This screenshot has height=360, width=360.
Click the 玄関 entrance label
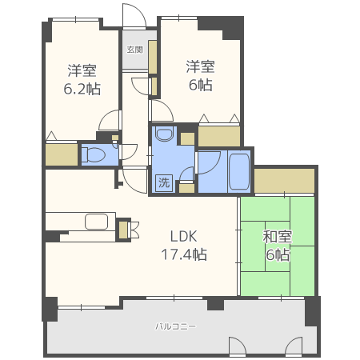pos(134,50)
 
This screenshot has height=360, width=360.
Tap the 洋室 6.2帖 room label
pos(82,80)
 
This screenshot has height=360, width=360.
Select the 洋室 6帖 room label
pos(201,76)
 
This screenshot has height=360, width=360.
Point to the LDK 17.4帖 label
pos(184,246)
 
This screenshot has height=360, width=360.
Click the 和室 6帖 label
pos(278,246)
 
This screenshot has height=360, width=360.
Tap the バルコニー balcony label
pos(176,326)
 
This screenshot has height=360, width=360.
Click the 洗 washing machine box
pos(164,182)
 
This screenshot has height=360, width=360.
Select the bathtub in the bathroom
pos(239,171)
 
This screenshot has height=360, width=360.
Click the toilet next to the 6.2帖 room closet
pos(94,155)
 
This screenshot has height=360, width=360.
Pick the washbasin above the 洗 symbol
pos(164,134)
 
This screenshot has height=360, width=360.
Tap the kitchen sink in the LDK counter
pos(97,222)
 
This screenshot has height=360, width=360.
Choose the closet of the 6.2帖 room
pos(62,154)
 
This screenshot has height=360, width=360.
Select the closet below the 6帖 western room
pos(219,136)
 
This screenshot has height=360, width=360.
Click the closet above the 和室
pos(284,181)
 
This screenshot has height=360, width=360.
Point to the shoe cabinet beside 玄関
pos(153,57)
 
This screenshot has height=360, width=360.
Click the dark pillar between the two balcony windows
pos(215,304)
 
